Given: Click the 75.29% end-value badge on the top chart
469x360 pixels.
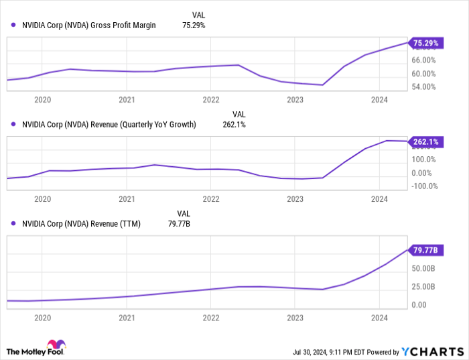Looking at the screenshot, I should (x=425, y=44).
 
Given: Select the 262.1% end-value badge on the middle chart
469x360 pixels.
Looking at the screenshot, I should (x=425, y=141).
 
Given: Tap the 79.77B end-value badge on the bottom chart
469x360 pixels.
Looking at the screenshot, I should (x=425, y=250).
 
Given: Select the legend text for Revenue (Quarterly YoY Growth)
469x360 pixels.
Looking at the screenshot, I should (x=109, y=124).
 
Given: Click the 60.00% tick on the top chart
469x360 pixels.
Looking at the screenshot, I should (x=424, y=74).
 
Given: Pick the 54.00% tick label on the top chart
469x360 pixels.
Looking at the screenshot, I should (x=424, y=87).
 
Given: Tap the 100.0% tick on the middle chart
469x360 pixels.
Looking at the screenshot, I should (x=424, y=160).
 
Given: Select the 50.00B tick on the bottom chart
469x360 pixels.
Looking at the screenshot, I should (x=424, y=269).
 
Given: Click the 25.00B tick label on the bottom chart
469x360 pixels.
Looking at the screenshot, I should (x=424, y=287).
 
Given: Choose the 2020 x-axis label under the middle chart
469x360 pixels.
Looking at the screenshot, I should (x=42, y=199).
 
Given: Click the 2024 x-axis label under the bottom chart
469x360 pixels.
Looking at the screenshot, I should (x=379, y=318).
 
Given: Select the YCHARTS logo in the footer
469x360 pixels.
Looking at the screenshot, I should (x=432, y=351).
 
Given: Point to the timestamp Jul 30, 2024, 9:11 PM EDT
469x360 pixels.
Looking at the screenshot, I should (x=330, y=351).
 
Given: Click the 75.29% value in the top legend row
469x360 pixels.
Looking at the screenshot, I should (x=194, y=25).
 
